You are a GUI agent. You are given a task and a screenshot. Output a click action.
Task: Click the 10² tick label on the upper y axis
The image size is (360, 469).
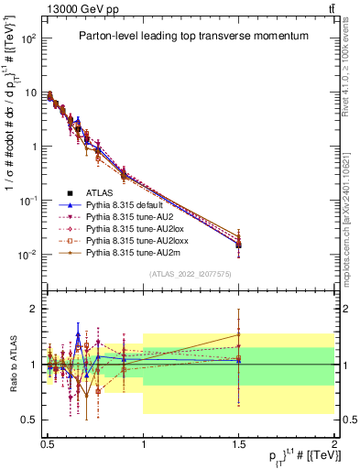[x=29, y=39]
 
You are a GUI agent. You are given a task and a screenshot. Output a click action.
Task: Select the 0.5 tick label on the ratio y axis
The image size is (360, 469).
[x=30, y=420]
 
